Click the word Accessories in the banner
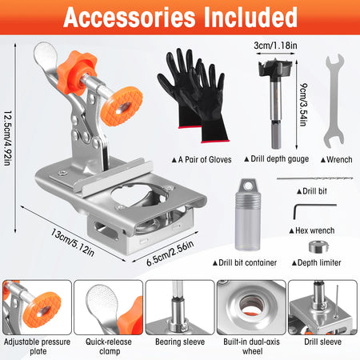(x=130, y=18)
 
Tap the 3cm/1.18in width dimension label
(x=275, y=46)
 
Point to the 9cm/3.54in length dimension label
(x=303, y=105)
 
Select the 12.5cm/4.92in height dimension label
(x=7, y=138)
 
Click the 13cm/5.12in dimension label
(x=73, y=242)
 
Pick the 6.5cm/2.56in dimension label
(x=170, y=254)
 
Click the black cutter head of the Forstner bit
(x=275, y=70)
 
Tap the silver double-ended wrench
(x=334, y=101)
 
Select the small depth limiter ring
(x=318, y=246)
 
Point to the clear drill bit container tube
(x=248, y=214)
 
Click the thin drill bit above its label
(x=315, y=178)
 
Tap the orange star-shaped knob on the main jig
(x=76, y=71)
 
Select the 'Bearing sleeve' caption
(x=180, y=342)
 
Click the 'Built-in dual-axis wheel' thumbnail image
(x=251, y=307)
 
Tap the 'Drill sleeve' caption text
(x=322, y=342)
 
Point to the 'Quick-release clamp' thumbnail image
(x=108, y=307)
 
